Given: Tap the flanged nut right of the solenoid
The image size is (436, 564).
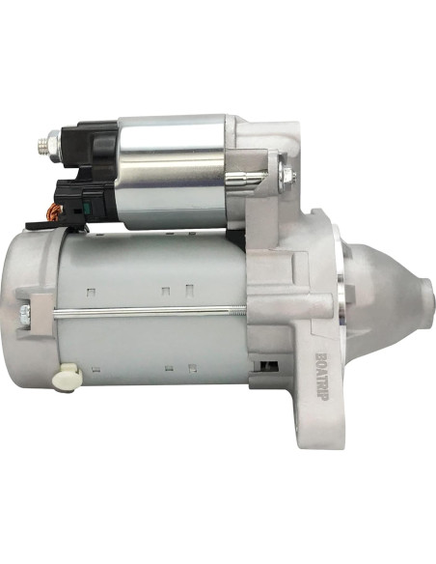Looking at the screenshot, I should (286, 176).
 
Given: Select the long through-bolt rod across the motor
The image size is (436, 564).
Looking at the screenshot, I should (145, 310).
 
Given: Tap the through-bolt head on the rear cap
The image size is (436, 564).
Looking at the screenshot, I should (25, 312).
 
